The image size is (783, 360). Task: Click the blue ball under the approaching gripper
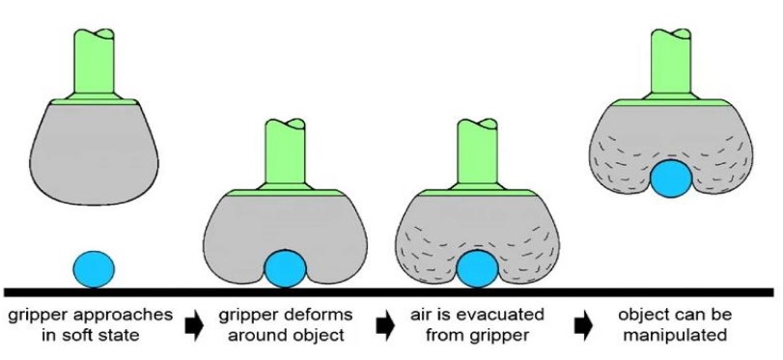pyautogui.click(x=94, y=266)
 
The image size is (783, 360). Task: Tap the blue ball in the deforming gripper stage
pyautogui.click(x=285, y=267)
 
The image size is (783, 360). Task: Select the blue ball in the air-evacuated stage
pyautogui.click(x=476, y=268)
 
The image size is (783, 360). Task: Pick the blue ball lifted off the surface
pyautogui.click(x=671, y=180)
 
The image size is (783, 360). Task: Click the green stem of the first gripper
pyautogui.click(x=95, y=63)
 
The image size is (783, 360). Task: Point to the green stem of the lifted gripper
pyautogui.click(x=669, y=64)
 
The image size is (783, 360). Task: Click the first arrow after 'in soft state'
pyautogui.click(x=193, y=325)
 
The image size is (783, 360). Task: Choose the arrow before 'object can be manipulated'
pyautogui.click(x=582, y=325)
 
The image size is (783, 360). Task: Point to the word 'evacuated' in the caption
pyautogui.click(x=510, y=316)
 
